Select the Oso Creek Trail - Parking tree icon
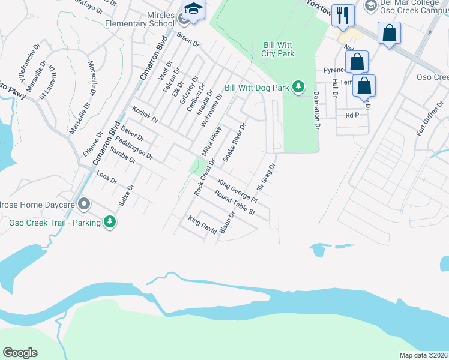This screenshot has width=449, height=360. (109, 223)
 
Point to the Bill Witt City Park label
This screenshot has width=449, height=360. (278, 49)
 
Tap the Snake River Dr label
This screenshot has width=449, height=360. (235, 143)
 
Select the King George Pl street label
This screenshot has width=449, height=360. (237, 191)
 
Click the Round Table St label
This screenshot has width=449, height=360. (235, 203)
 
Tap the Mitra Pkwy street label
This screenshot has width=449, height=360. (212, 142)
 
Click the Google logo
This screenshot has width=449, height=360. (20, 353)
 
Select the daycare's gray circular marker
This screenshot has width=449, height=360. (84, 205)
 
